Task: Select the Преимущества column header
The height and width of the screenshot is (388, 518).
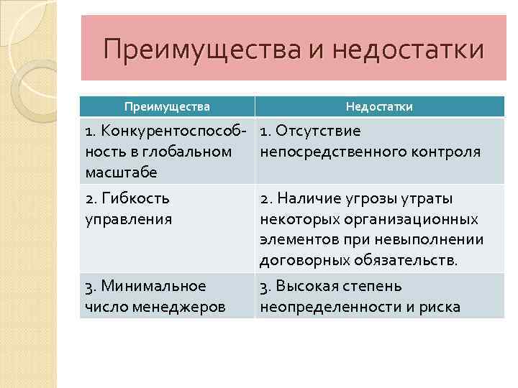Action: point(167,106)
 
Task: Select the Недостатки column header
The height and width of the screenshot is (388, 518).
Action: point(379,106)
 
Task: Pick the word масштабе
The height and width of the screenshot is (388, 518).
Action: point(121,172)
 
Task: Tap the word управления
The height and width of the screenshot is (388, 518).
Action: point(129,218)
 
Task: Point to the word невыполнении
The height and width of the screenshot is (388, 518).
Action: point(434,239)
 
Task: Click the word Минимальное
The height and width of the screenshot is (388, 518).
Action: point(153,286)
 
